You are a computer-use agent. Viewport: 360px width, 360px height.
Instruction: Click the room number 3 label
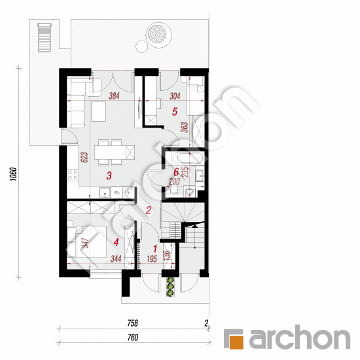pos(109,175)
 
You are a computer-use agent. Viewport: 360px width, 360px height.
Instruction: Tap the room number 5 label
pos(175,112)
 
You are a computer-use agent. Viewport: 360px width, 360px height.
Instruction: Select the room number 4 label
pos(116,242)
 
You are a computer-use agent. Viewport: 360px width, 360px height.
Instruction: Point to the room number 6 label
pos(176,172)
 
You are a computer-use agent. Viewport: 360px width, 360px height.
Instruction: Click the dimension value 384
pos(114,96)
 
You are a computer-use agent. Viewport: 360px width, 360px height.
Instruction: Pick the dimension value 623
pos(84,157)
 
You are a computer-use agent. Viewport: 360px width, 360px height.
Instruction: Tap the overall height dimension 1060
pos(14,174)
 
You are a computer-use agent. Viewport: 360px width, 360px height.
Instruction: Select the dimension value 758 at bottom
pos(132,323)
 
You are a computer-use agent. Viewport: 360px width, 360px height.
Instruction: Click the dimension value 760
pos(133,337)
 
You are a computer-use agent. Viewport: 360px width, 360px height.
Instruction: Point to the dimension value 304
pos(175,96)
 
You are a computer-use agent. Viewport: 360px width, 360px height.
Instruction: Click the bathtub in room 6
pos(188,158)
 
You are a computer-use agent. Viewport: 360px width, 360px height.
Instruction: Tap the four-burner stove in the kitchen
pos(73,175)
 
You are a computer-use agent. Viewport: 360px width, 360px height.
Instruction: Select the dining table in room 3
pos(110,153)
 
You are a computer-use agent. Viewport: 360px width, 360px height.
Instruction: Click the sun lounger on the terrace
pos(45,37)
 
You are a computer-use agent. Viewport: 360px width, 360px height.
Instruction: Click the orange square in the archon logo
pos(237,342)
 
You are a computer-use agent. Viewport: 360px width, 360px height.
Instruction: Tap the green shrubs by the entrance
pos(170,286)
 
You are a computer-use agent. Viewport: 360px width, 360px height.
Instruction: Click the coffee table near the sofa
pos(98,111)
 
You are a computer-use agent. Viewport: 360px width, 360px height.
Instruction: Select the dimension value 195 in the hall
pos(152,259)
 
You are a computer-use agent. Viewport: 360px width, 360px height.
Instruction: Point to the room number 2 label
pos(149,210)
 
